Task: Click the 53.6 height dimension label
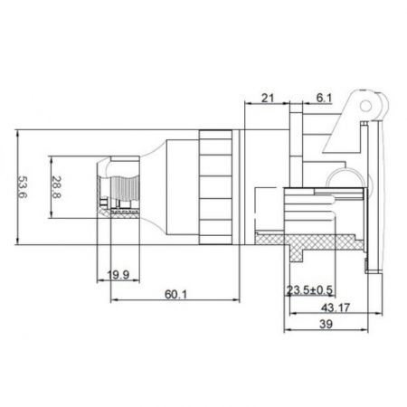point(23,187)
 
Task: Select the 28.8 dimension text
point(56,187)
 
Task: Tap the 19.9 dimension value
point(118,275)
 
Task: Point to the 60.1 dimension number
point(175,294)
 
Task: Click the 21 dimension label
point(268,98)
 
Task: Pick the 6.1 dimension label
point(324,98)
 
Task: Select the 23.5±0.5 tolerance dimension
point(309,290)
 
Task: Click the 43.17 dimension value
point(336,308)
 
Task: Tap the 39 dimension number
point(326,325)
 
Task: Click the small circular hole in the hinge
point(366,106)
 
